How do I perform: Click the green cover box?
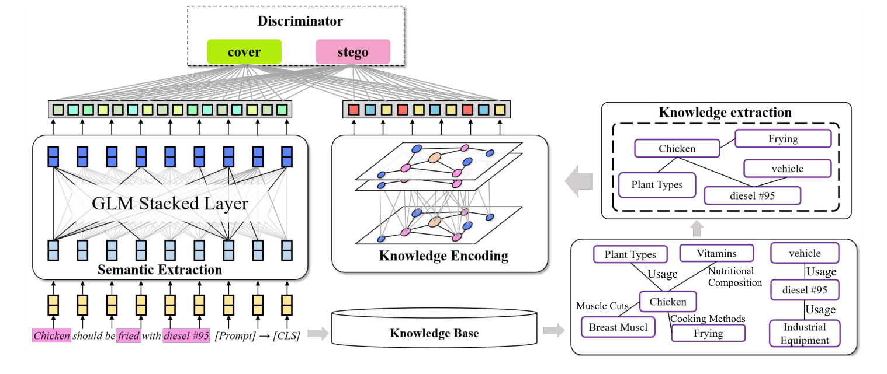coord(244,52)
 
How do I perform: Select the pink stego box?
coord(353,52)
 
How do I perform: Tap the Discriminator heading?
coord(300,22)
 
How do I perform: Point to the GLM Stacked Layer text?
coord(170,204)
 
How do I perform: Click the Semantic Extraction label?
coord(160,270)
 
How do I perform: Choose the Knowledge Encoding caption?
coord(443,256)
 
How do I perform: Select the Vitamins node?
coord(716,254)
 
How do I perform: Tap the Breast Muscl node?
coord(618,327)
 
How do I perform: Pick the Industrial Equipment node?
coord(805,333)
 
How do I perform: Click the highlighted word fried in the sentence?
coord(128,335)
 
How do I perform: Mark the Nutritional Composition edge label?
coord(735,277)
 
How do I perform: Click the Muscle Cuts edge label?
coord(602,306)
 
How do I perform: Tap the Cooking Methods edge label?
coord(708,319)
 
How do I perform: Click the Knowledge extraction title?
coord(725,113)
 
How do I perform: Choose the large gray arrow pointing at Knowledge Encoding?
coord(578,182)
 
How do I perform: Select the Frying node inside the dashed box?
coord(783,139)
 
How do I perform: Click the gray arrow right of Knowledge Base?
coord(553,331)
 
